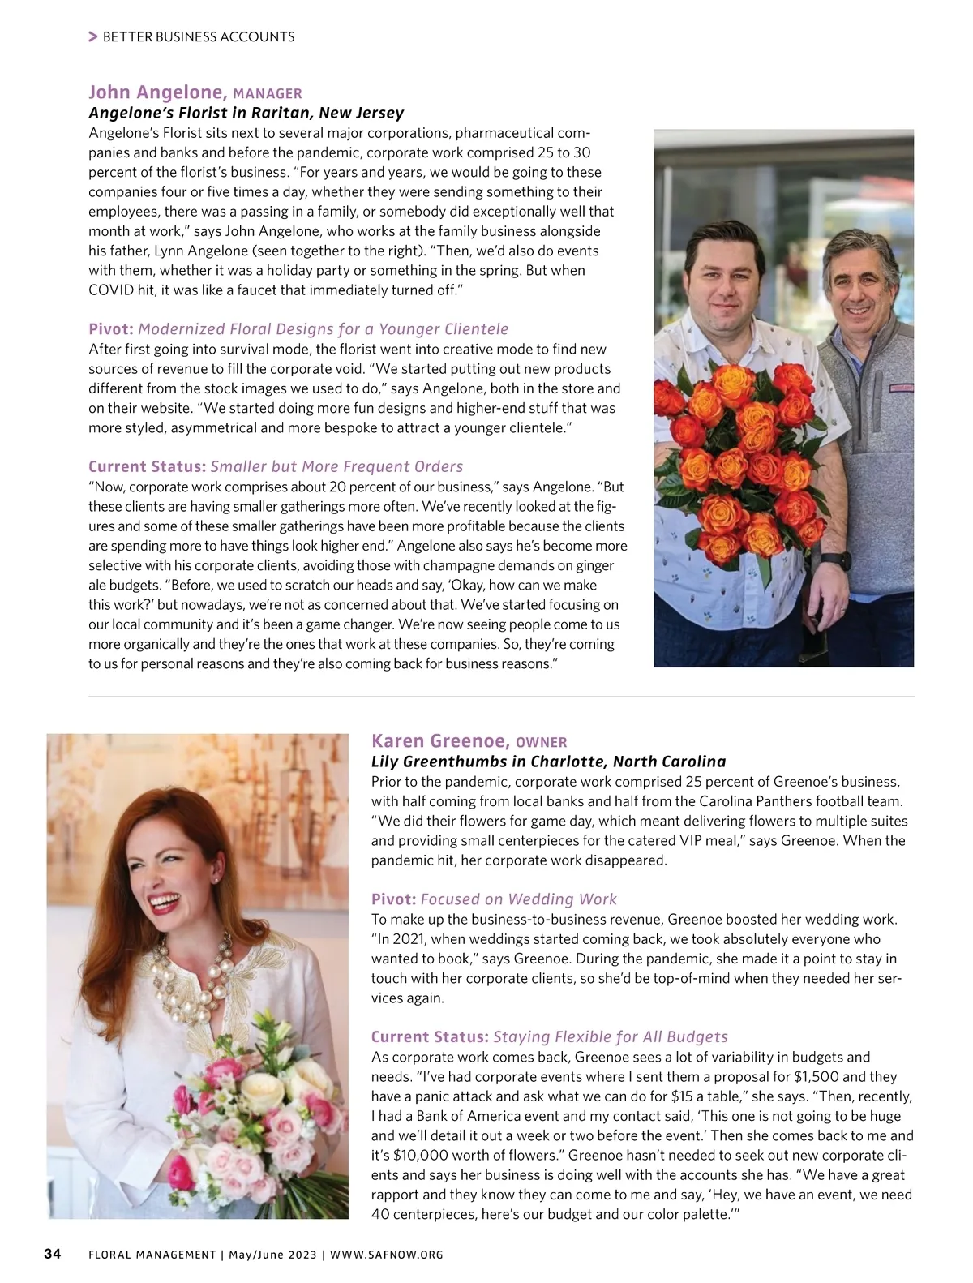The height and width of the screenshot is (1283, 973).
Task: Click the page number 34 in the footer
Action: pos(52,1255)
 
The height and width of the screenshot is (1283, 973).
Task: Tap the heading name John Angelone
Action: pos(156,92)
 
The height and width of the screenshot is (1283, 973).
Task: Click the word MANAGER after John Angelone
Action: pos(267,94)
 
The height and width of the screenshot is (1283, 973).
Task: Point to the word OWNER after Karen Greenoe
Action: pos(542,742)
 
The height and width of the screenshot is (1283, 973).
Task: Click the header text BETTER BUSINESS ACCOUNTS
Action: pos(199,36)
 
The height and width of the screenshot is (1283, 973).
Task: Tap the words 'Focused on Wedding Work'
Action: pos(519,899)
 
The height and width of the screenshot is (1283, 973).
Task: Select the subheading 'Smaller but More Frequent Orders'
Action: pos(336,466)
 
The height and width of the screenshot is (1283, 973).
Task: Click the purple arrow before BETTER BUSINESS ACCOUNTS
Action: pos(93,36)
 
